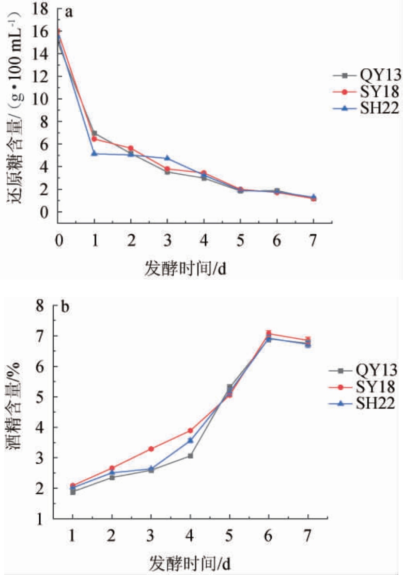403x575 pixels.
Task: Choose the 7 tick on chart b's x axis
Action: [308, 538]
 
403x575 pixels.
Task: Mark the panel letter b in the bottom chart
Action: [66, 307]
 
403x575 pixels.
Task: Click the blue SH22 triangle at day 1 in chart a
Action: [94, 153]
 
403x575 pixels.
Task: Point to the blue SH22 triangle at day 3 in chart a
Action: [167, 158]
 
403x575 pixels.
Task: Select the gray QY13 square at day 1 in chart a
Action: [94, 133]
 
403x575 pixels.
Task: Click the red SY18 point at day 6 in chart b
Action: [269, 334]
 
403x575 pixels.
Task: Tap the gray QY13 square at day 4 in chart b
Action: [191, 456]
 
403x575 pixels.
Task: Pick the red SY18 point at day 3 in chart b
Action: [151, 449]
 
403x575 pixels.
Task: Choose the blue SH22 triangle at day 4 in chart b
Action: [191, 440]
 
